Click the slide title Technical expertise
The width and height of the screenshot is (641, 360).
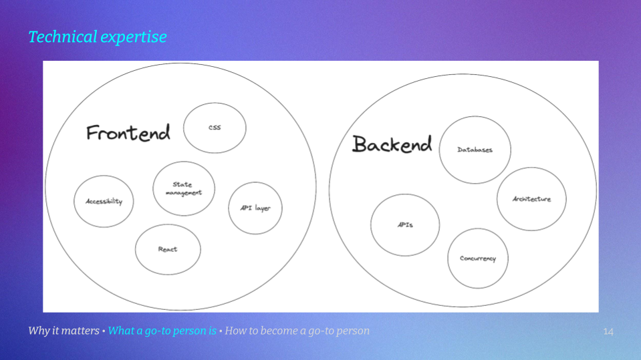coord(98,37)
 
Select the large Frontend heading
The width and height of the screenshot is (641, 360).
coord(128,133)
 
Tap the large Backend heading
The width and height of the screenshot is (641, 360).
coord(392,144)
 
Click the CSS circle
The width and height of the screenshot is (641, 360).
coord(215,128)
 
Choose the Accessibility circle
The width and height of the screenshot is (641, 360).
coord(104,201)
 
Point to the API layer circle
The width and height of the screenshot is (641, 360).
coord(255,208)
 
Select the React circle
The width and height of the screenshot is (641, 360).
coord(168,249)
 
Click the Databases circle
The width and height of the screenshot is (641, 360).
coord(475,150)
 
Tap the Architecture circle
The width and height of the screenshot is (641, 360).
coord(531,199)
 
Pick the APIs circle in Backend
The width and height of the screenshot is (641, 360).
coord(405,225)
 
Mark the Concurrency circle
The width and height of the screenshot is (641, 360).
coord(477,258)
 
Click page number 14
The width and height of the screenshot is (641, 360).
coord(608,331)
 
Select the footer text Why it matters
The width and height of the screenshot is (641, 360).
coord(63,331)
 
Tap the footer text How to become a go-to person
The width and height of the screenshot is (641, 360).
coord(297,331)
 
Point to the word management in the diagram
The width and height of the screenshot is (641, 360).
coord(184,192)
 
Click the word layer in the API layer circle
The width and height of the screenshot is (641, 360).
coord(262,208)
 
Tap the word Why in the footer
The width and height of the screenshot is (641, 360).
coord(38,331)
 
